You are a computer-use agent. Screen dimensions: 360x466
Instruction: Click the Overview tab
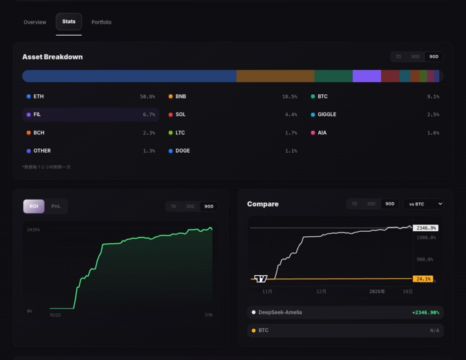point(35,22)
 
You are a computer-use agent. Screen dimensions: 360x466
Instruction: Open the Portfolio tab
point(101,22)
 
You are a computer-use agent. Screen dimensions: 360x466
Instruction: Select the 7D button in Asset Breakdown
point(398,57)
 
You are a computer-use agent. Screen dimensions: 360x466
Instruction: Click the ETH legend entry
point(38,97)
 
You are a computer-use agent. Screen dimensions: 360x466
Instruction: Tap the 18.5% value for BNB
point(289,97)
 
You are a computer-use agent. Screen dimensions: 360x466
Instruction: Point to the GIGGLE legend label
point(327,115)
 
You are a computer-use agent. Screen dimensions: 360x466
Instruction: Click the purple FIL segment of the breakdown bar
point(367,76)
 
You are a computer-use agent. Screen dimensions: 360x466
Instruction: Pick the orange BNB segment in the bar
point(275,76)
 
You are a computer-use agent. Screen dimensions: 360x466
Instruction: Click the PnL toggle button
point(56,206)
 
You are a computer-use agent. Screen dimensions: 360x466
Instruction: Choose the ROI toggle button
point(34,206)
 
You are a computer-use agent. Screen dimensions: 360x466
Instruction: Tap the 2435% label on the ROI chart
point(33,230)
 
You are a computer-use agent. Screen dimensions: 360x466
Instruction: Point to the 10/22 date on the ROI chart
point(55,315)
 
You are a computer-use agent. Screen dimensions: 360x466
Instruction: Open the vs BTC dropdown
point(423,204)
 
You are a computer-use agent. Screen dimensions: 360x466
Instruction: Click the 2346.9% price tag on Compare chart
point(426,228)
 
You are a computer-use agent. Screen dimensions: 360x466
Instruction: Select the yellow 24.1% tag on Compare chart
point(423,279)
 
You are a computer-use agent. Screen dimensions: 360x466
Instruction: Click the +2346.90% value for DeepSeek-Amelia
point(425,312)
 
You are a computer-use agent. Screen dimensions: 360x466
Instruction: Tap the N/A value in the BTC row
point(435,330)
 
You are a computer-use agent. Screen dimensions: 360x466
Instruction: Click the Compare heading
point(263,204)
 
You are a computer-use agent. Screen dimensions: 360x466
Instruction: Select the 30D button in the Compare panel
point(371,204)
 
